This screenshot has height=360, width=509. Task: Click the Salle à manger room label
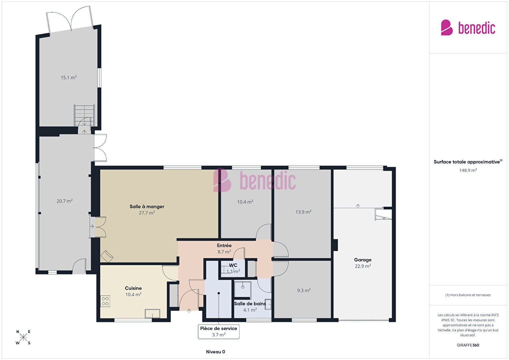(x=147, y=207)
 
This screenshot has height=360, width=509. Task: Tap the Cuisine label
(x=133, y=288)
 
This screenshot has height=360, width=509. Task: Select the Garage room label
(x=363, y=260)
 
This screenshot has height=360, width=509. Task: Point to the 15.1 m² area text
(x=68, y=77)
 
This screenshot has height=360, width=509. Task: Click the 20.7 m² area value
(x=64, y=201)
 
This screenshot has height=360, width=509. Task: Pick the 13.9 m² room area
(x=303, y=212)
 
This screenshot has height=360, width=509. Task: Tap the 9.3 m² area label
(x=304, y=290)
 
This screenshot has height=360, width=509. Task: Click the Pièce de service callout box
(x=218, y=332)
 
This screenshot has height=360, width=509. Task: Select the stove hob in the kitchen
(x=105, y=301)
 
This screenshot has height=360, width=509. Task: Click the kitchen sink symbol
(x=152, y=313)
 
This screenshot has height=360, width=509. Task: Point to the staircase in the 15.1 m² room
(x=84, y=115)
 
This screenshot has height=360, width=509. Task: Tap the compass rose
(x=23, y=337)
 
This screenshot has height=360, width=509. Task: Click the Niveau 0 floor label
(x=215, y=352)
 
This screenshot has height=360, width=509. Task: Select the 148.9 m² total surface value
(x=468, y=170)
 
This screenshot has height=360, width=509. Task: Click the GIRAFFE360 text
(x=468, y=345)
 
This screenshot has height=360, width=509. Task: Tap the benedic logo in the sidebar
(x=468, y=27)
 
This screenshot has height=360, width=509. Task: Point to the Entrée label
(x=224, y=246)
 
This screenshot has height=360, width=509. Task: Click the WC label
(x=233, y=265)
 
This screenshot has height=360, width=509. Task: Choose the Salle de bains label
(x=250, y=304)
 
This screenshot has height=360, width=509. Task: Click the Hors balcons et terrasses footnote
(x=468, y=295)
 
